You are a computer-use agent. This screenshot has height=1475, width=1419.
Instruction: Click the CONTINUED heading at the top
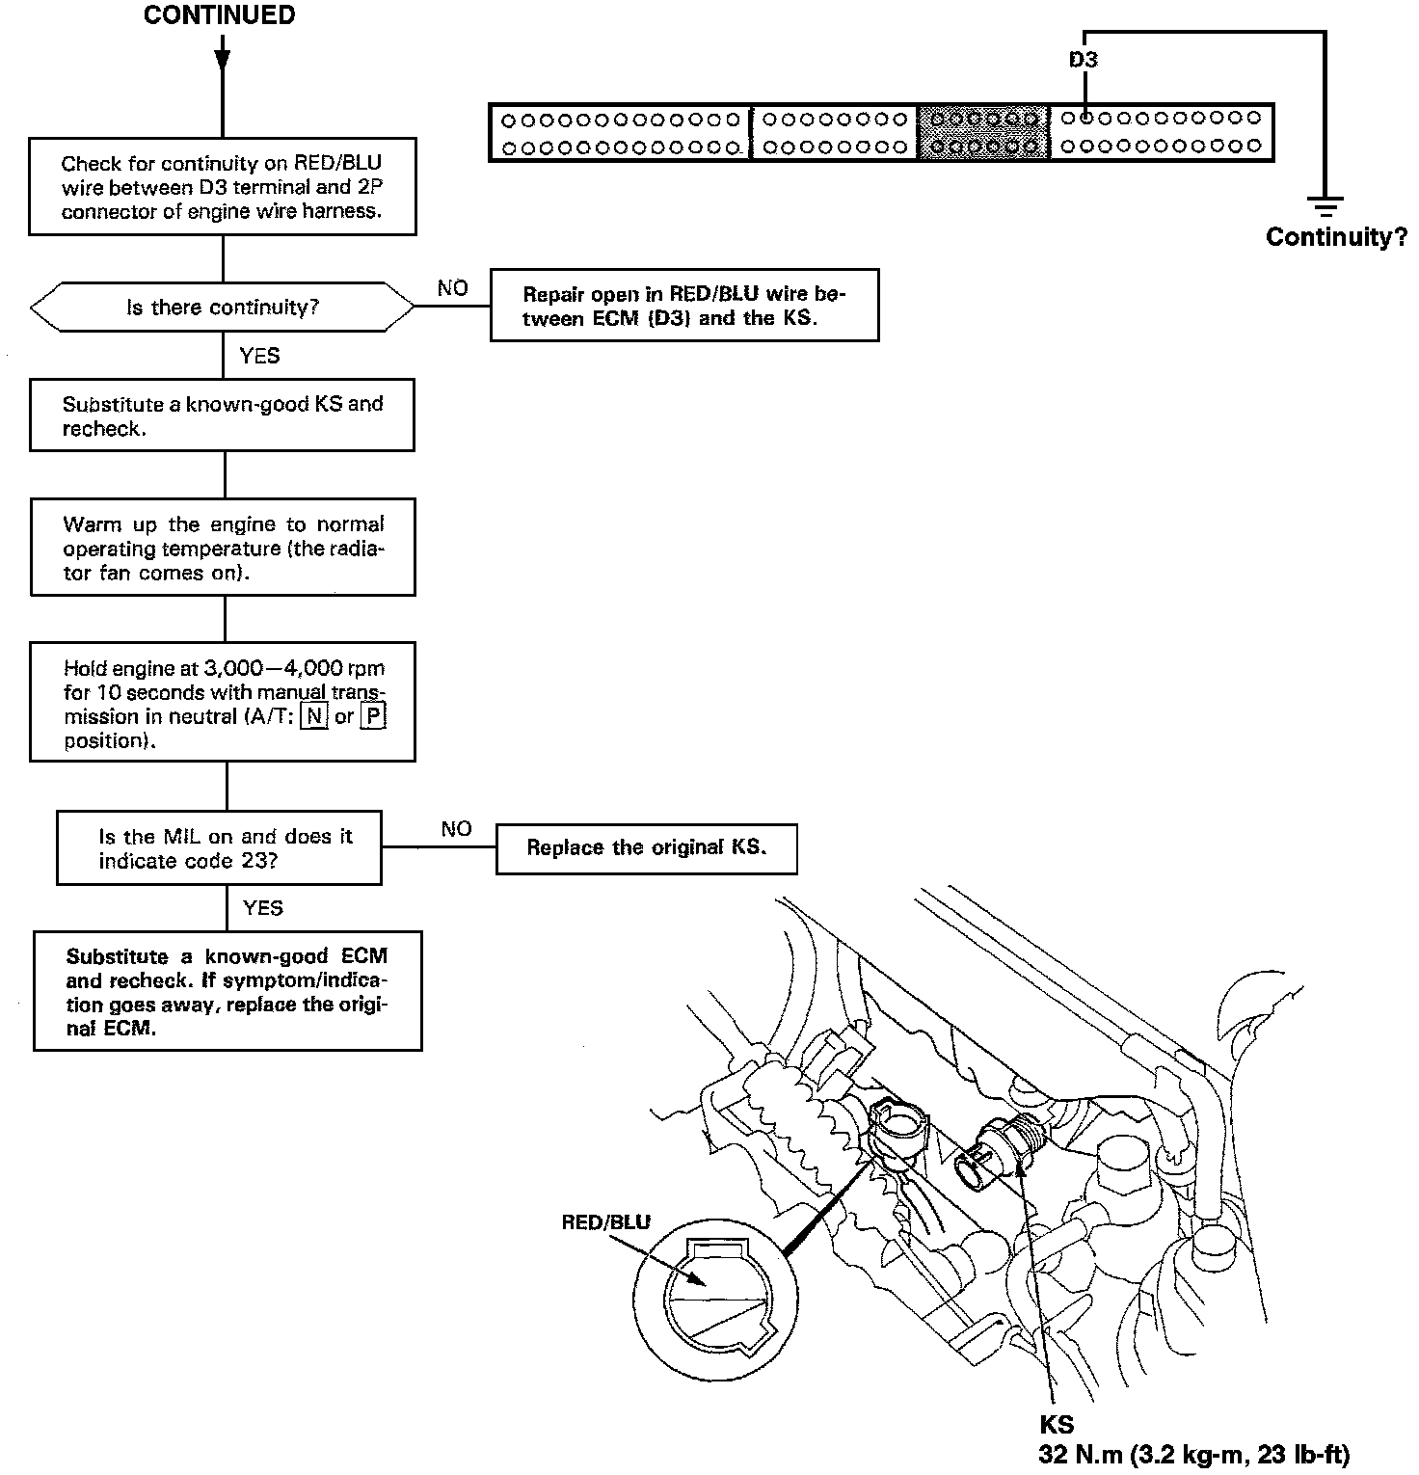pyautogui.click(x=219, y=15)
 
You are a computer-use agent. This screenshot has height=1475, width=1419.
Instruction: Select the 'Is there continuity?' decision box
pyautogui.click(x=223, y=308)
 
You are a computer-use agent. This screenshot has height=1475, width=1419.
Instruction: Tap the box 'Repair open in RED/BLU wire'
pyautogui.click(x=683, y=306)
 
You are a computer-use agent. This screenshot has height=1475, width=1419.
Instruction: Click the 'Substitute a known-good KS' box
pyautogui.click(x=223, y=416)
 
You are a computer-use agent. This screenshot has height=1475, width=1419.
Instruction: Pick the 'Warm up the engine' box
pyautogui.click(x=223, y=548)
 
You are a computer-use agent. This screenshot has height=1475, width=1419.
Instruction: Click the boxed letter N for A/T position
pyautogui.click(x=313, y=716)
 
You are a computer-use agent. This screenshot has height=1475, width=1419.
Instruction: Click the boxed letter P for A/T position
pyautogui.click(x=373, y=716)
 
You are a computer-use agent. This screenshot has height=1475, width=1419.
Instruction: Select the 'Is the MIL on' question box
pyautogui.click(x=220, y=848)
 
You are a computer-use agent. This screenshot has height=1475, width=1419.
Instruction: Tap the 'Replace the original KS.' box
pyautogui.click(x=646, y=848)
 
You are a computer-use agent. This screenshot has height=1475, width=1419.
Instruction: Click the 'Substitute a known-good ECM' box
pyautogui.click(x=228, y=991)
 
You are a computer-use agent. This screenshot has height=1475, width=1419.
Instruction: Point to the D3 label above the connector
pyautogui.click(x=1084, y=60)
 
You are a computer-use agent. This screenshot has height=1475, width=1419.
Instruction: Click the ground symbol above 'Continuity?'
pyautogui.click(x=1326, y=205)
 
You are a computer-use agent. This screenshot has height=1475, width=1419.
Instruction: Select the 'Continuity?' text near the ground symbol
pyautogui.click(x=1336, y=237)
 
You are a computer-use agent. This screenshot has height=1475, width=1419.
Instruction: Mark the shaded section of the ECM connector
pyautogui.click(x=983, y=132)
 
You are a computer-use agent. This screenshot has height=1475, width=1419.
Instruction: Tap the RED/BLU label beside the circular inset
pyautogui.click(x=605, y=1222)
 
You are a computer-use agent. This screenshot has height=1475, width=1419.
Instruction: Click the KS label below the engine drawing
pyautogui.click(x=1057, y=1425)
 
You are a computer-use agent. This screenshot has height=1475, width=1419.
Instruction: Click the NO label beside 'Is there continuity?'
pyautogui.click(x=452, y=288)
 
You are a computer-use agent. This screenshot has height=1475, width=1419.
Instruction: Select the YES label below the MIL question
pyautogui.click(x=263, y=908)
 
